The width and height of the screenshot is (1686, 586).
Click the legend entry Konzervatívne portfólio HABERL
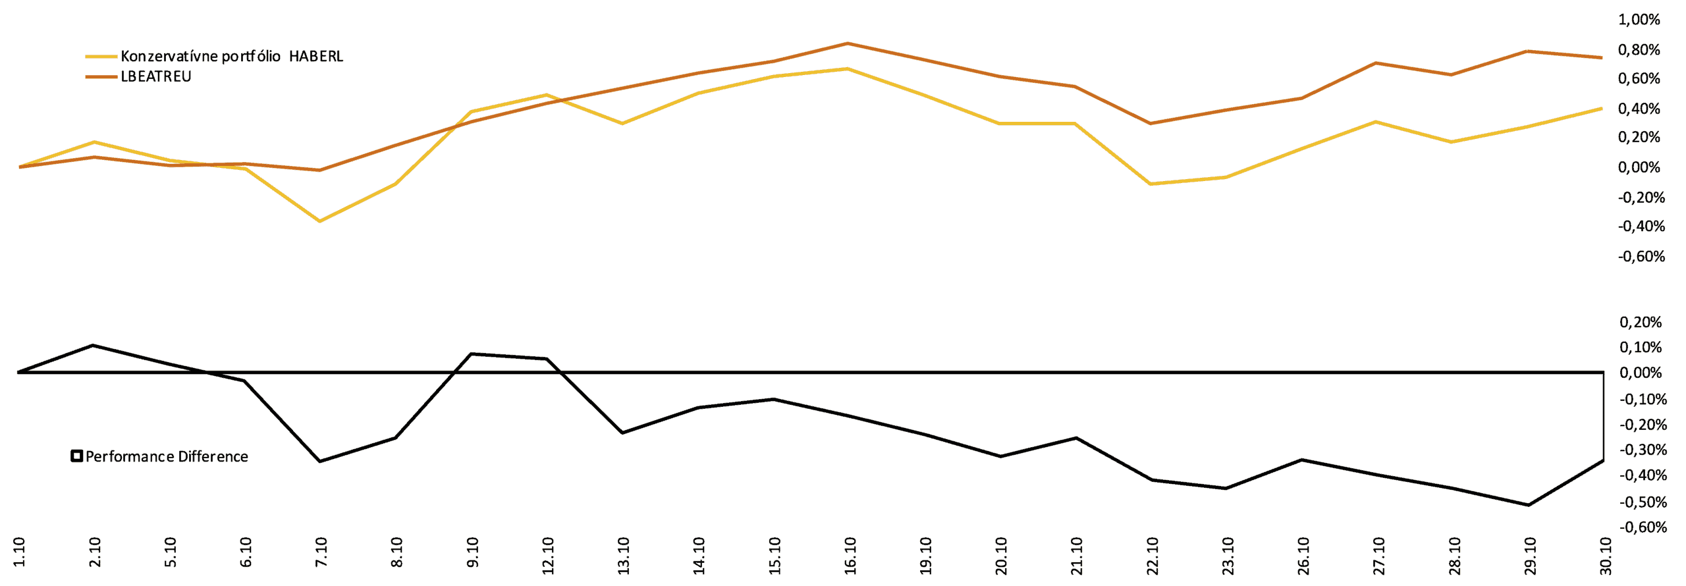231,57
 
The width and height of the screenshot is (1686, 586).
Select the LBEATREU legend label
156,77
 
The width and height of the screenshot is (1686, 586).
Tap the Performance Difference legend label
167,457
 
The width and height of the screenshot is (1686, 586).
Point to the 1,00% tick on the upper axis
1639,20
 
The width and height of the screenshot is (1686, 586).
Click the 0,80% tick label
1639,50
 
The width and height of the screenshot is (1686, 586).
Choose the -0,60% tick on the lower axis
1643,527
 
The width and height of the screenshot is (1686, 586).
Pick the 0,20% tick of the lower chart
1641,323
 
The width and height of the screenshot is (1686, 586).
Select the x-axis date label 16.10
850,556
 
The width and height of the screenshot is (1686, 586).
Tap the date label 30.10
1606,556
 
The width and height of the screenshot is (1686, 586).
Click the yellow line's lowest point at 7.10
320,221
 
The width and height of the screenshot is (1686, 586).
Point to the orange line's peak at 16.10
848,43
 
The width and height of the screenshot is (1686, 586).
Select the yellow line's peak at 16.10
848,68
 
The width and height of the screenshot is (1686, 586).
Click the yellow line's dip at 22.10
1151,184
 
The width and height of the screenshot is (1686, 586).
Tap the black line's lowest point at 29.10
1528,505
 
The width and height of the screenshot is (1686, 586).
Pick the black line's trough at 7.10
320,461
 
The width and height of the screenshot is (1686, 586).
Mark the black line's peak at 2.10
93,345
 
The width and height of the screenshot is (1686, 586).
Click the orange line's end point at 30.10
1602,57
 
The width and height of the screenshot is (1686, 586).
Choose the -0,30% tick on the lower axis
1643,450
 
